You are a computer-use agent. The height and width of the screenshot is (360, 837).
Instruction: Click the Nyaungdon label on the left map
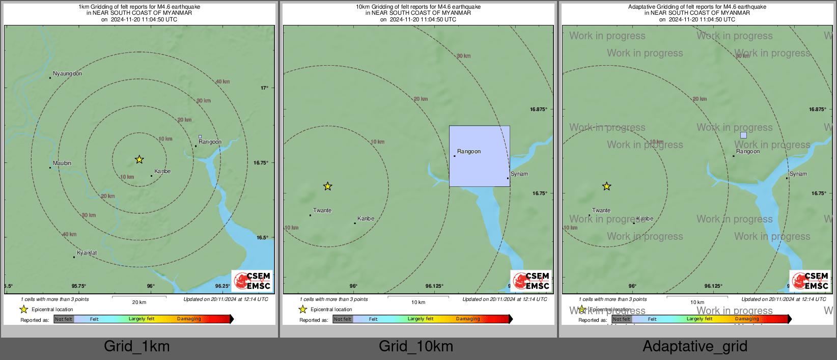[x=67, y=74]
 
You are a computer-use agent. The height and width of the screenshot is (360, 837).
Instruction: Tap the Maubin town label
[x=62, y=163]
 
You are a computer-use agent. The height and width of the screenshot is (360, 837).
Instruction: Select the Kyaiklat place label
[x=87, y=253]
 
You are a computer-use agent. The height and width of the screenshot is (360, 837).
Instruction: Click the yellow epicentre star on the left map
[x=139, y=159]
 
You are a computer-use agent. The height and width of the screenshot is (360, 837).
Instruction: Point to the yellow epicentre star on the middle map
[x=327, y=186]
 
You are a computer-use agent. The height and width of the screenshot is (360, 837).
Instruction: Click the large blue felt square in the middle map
[x=479, y=156]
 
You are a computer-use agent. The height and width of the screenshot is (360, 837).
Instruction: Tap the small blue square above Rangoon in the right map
[x=743, y=135]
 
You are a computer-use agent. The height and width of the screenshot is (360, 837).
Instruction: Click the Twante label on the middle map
[x=322, y=210]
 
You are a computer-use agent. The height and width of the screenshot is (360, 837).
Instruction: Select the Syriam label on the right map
[x=798, y=174]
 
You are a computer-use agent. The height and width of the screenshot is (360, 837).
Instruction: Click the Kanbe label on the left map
[x=162, y=172]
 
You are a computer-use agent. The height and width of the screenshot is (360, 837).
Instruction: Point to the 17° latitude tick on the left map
[x=264, y=88]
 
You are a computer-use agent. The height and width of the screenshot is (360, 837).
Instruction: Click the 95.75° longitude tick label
[x=79, y=286]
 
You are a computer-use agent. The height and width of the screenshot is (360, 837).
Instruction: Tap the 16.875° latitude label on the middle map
[x=539, y=109]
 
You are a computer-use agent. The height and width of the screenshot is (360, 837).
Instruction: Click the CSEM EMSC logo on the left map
[x=252, y=281]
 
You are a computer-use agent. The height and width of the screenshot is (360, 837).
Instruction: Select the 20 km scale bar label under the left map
[x=139, y=302]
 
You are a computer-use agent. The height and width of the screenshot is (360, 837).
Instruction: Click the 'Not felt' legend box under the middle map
[x=343, y=319]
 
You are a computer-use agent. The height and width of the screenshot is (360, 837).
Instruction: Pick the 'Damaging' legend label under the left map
[x=189, y=319]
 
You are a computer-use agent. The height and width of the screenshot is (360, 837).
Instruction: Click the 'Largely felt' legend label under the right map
[x=700, y=319]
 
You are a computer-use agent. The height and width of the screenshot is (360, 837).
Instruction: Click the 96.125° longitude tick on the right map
[x=713, y=286]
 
